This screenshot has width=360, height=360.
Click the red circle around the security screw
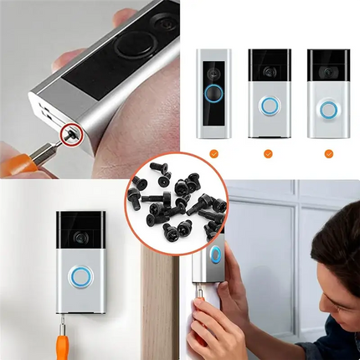pos(73,131)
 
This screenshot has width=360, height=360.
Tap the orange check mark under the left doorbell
pos(214,153)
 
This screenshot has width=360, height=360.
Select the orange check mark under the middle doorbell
pos(269,153)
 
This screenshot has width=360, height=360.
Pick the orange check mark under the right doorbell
pos(328,153)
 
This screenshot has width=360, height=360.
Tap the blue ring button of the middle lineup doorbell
pos(269,106)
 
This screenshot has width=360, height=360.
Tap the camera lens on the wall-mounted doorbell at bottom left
pos(82,238)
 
